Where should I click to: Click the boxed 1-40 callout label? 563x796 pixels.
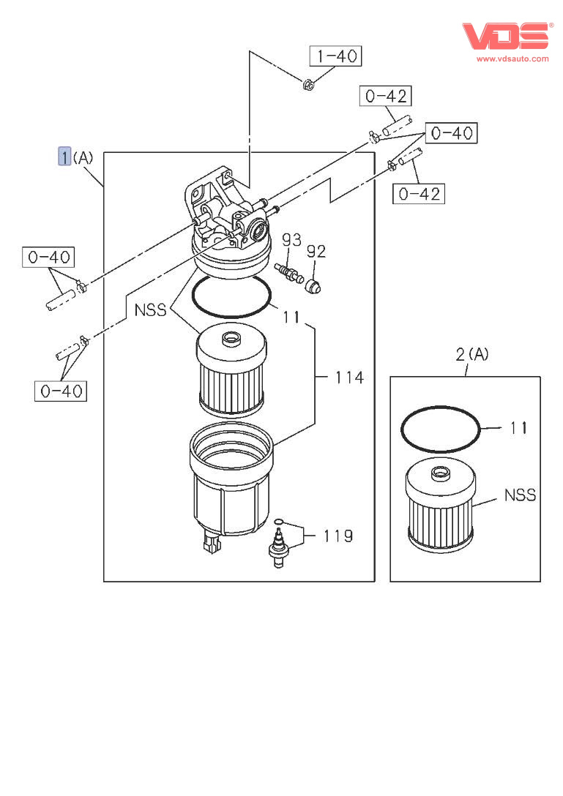pyautogui.click(x=336, y=56)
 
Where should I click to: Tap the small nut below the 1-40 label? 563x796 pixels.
pyautogui.click(x=308, y=86)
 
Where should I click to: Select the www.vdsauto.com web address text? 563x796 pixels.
pyautogui.click(x=512, y=59)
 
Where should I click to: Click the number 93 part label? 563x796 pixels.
pyautogui.click(x=291, y=240)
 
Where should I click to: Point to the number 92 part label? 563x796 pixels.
pyautogui.click(x=316, y=252)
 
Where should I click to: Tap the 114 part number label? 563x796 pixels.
pyautogui.click(x=349, y=378)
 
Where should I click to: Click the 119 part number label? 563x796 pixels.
pyautogui.click(x=338, y=536)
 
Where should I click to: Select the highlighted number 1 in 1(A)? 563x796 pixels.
pyautogui.click(x=64, y=157)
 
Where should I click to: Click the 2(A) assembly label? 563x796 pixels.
pyautogui.click(x=471, y=355)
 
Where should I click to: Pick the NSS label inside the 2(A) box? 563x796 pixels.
pyautogui.click(x=520, y=495)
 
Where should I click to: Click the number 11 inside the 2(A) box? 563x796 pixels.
pyautogui.click(x=518, y=428)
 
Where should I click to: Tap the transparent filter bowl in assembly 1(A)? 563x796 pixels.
pyautogui.click(x=231, y=483)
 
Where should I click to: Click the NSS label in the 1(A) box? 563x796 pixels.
pyautogui.click(x=151, y=309)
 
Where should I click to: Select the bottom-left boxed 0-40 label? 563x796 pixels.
pyautogui.click(x=60, y=391)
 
